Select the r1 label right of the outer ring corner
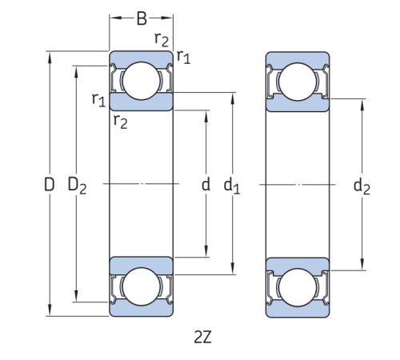pos(184,56)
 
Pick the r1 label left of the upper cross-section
pos(98,99)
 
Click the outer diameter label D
pos(49,186)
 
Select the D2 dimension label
pos(76,186)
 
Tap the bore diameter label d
pos(206,186)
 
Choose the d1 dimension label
pos(232,186)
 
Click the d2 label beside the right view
pos(362,186)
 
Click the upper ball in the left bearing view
pos(141,80)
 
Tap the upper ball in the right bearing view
pos(297,80)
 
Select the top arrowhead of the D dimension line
pos(50,55)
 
